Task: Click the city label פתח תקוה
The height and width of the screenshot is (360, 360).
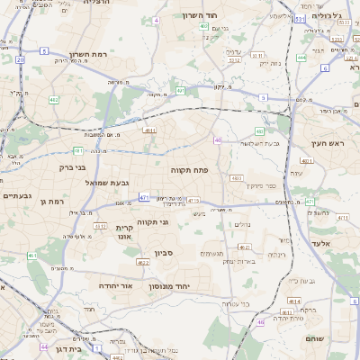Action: coord(189,168)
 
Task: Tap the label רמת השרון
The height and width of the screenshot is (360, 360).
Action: coord(87,56)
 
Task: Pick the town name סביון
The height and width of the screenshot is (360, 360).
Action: coord(173,254)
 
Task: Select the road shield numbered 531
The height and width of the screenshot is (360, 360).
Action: coord(298,18)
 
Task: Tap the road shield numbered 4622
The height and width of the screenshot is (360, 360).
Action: coord(143,263)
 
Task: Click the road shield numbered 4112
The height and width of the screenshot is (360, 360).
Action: coord(101,226)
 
